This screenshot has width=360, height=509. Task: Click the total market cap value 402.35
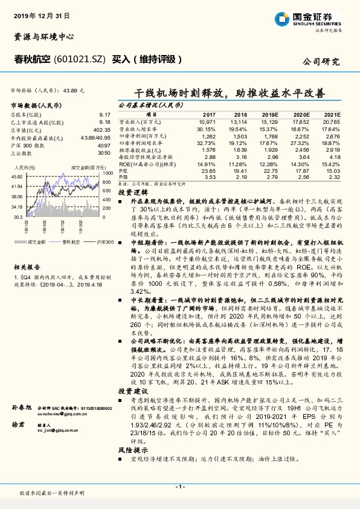(x=101, y=128)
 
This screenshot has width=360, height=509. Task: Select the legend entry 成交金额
(x=37, y=242)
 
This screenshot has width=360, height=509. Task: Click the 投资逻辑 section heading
(x=130, y=191)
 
